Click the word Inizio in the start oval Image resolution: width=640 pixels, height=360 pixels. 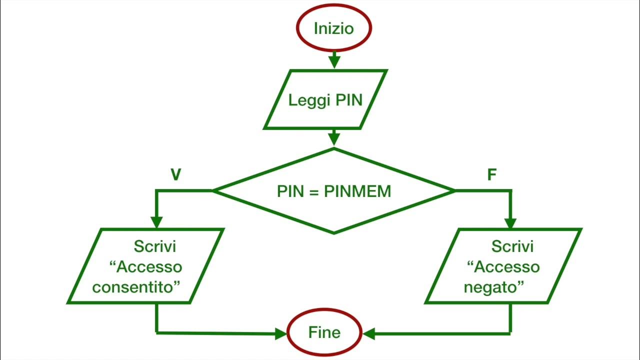pos(333,28)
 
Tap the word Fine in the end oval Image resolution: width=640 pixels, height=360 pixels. pos(324,332)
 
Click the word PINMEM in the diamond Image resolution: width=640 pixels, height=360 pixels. pos(357,191)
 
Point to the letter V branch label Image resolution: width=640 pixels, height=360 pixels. pos(175,174)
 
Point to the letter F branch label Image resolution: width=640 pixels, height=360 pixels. pos(492,175)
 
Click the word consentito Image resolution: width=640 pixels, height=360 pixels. pos(136,287)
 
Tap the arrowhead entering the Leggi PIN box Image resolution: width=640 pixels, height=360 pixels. pos(334,62)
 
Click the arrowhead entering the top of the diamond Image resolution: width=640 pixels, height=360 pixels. pos(334,139)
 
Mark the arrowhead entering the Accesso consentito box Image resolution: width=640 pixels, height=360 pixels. pos(157,221)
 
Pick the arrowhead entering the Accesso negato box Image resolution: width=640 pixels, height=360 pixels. pos(510,221)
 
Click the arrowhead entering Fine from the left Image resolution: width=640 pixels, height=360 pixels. pos(281,333)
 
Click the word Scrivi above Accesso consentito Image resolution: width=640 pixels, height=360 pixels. pos(155,246)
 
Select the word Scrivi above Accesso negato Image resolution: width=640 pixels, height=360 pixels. pos(512,246)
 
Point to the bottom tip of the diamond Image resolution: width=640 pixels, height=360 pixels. pos(334,232)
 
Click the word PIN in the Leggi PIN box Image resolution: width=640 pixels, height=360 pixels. pos(348,100)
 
